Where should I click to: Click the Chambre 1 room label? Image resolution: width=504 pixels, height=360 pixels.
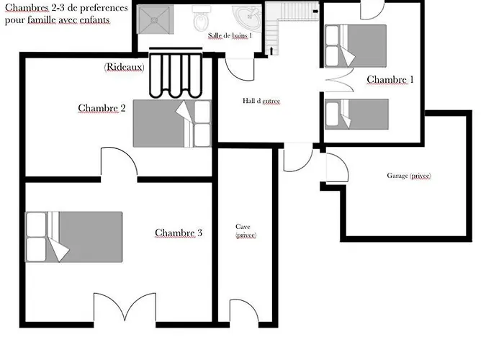tap(390, 79)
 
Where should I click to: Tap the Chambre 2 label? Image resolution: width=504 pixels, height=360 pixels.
tap(102, 108)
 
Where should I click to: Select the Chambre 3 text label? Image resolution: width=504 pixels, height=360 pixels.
tap(179, 233)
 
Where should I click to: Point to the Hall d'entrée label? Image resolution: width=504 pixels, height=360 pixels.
tap(261, 101)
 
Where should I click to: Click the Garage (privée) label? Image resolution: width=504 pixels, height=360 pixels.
tap(409, 176)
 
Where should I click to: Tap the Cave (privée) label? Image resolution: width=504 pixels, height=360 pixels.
tap(246, 231)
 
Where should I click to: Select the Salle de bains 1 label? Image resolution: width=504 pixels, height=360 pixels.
tap(230, 35)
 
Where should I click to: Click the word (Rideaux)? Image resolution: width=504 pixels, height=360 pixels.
tap(124, 67)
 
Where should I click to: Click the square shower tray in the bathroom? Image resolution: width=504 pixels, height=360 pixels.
tap(155, 19)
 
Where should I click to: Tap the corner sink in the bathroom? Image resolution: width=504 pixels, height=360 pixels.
tap(248, 17)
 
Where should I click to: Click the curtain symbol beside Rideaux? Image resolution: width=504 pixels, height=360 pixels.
tap(176, 73)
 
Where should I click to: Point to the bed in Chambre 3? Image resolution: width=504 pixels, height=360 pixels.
tap(73, 237)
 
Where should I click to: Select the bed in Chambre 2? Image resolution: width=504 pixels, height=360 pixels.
tap(172, 124)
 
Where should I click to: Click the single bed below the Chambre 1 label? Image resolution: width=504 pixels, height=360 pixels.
tap(356, 114)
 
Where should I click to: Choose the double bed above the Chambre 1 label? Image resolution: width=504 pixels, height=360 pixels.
tap(356, 46)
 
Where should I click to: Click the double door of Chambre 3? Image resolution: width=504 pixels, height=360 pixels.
tap(125, 307)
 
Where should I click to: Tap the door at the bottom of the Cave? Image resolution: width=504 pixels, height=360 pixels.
tap(243, 311)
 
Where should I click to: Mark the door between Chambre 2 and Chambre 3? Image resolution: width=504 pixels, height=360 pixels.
tap(119, 162)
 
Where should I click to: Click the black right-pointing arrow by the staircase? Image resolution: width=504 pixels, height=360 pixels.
tap(316, 12)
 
